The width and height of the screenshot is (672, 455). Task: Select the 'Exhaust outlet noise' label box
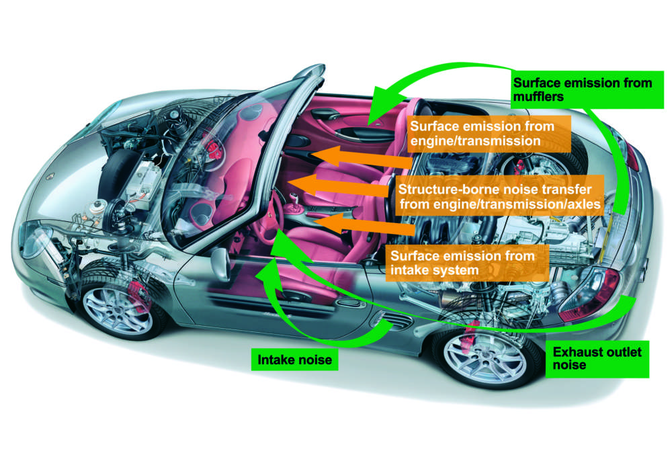(596, 358)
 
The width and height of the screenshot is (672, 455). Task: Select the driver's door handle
(347, 304)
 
